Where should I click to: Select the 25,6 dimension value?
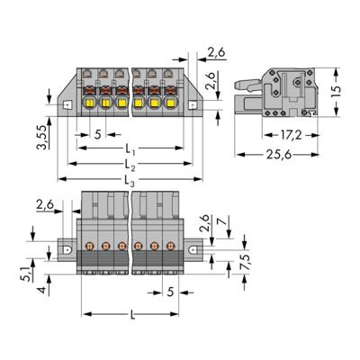pyautogui.click(x=279, y=155)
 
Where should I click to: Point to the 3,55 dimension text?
pyautogui.click(x=41, y=138)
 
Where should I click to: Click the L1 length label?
pyautogui.click(x=130, y=149)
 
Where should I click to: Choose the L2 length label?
pyautogui.click(x=130, y=165)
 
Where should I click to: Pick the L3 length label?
pyautogui.click(x=130, y=181)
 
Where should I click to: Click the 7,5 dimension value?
pyautogui.click(x=246, y=262)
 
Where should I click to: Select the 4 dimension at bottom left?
pyautogui.click(x=42, y=291)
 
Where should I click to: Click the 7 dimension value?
pyautogui.click(x=222, y=221)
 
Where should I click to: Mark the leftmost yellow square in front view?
pyautogui.click(x=89, y=103)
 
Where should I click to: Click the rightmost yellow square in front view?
pyautogui.click(x=170, y=103)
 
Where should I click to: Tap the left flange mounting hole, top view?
pyautogui.click(x=67, y=105)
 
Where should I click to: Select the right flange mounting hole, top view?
pyautogui.click(x=193, y=105)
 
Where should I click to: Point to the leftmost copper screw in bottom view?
pyautogui.click(x=89, y=247)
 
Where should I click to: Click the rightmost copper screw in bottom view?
pyautogui.click(x=170, y=247)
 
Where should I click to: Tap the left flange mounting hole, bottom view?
pyautogui.click(x=67, y=249)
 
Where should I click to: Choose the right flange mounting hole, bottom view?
pyautogui.click(x=193, y=249)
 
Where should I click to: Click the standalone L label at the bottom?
pyautogui.click(x=132, y=315)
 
